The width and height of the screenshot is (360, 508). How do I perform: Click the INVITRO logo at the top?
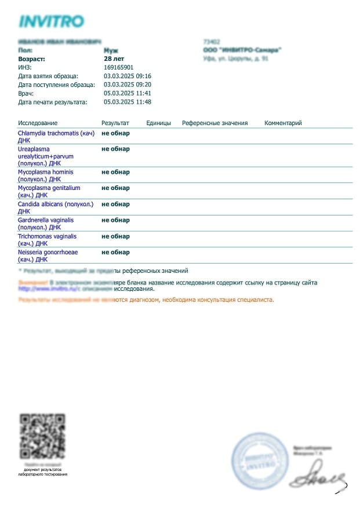coord(52,21)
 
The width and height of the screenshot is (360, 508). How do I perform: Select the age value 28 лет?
coord(114,59)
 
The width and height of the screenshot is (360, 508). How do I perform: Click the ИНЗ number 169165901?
coord(119,68)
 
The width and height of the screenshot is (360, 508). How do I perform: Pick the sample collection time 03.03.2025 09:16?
coord(128,76)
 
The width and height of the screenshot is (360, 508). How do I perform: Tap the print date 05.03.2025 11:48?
coord(128,102)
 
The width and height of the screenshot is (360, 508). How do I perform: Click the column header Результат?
coord(115,123)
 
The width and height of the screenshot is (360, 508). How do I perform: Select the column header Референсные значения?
coord(214,123)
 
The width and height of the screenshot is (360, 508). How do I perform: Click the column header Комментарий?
coord(283,123)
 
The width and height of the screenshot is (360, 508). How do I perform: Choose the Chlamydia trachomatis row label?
coord(56,137)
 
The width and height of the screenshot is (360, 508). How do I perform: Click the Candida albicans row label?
coord(56,207)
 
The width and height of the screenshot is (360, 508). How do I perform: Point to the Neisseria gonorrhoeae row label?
coord(48,256)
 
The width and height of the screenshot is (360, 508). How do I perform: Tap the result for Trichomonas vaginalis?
coord(116,236)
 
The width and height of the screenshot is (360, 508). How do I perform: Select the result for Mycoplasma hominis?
coord(116,172)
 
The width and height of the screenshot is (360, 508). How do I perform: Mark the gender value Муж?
coord(110,50)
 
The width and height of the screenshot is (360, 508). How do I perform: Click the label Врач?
coord(26,93)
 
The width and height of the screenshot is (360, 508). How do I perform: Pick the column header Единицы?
coord(159,123)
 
